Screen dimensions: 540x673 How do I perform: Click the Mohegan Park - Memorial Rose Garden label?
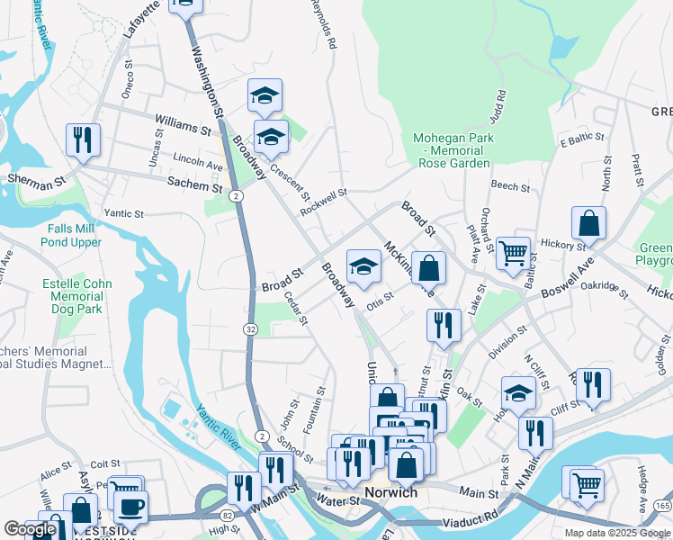point(454,150)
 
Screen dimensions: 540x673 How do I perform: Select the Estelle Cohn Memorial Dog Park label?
point(76,296)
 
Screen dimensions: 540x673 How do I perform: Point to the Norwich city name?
point(391,492)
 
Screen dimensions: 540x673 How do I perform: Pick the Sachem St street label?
point(194,184)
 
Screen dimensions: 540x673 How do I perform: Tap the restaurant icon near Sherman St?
point(83,139)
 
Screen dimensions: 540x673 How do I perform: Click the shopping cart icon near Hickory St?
point(513,253)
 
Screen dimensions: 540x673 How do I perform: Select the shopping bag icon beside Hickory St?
point(588,222)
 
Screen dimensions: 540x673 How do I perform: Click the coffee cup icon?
point(131,506)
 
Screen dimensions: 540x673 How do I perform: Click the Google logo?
point(30,529)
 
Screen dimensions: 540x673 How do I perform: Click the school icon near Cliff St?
point(517,394)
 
